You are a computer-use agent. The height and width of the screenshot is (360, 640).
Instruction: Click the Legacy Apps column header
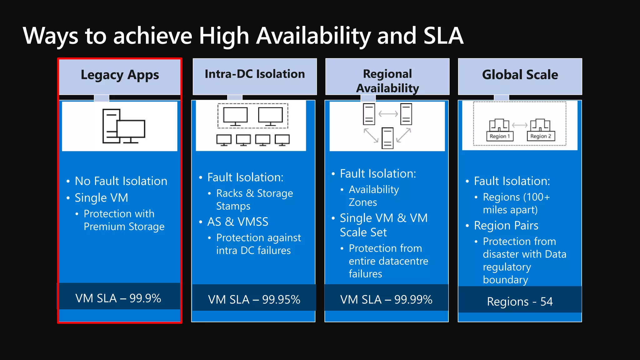click(120, 75)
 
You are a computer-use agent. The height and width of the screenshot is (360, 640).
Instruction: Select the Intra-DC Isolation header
click(255, 74)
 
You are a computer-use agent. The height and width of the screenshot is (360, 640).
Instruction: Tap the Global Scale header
click(520, 75)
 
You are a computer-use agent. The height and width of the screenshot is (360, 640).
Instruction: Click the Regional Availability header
click(387, 81)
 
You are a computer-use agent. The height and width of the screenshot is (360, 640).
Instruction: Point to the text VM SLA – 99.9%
click(118, 298)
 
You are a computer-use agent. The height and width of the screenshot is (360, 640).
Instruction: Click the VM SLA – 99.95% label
click(254, 299)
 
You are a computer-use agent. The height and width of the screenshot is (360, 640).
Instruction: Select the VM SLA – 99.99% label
click(386, 299)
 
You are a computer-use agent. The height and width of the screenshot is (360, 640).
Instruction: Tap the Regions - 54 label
click(520, 302)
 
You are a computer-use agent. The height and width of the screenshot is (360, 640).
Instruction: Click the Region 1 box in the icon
click(500, 136)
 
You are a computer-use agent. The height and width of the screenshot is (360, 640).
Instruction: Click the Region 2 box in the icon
click(541, 136)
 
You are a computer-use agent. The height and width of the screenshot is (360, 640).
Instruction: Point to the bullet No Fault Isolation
click(121, 181)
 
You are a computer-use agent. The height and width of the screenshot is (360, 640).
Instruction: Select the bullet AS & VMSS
click(238, 222)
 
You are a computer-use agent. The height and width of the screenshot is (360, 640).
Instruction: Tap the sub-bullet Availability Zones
click(374, 196)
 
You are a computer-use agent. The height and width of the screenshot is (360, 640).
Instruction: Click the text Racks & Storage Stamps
click(254, 200)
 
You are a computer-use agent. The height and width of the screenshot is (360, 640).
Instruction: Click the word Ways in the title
click(50, 36)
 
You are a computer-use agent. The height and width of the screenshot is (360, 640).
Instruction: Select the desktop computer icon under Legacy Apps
click(124, 126)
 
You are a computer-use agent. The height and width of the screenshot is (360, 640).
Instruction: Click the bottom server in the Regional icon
click(387, 138)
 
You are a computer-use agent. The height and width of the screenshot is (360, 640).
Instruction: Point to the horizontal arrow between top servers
click(388, 114)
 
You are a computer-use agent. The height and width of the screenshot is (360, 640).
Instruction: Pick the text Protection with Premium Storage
click(124, 220)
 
